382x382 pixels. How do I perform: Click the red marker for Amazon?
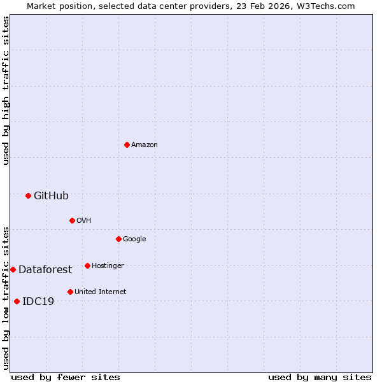click(x=127, y=145)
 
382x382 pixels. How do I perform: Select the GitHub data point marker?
click(x=28, y=195)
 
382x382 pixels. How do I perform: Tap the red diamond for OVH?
click(x=72, y=220)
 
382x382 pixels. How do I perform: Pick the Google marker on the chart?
click(x=118, y=239)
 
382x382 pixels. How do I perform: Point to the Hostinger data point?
click(x=87, y=265)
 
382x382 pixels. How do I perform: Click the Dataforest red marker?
click(x=13, y=269)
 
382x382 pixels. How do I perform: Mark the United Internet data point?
click(x=70, y=292)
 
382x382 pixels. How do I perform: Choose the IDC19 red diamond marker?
click(x=17, y=301)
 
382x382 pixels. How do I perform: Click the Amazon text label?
click(x=145, y=145)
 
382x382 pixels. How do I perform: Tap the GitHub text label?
click(x=51, y=195)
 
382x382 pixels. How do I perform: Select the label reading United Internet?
click(x=101, y=292)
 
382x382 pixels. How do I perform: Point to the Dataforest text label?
click(x=45, y=269)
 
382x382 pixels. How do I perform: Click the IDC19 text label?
click(x=38, y=301)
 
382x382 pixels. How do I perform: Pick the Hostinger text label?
click(x=108, y=265)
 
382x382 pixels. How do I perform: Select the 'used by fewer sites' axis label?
click(x=66, y=377)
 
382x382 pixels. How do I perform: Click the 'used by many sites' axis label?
click(x=320, y=377)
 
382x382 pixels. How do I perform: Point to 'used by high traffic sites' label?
click(x=6, y=90)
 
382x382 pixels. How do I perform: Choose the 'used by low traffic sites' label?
click(x=6, y=297)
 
